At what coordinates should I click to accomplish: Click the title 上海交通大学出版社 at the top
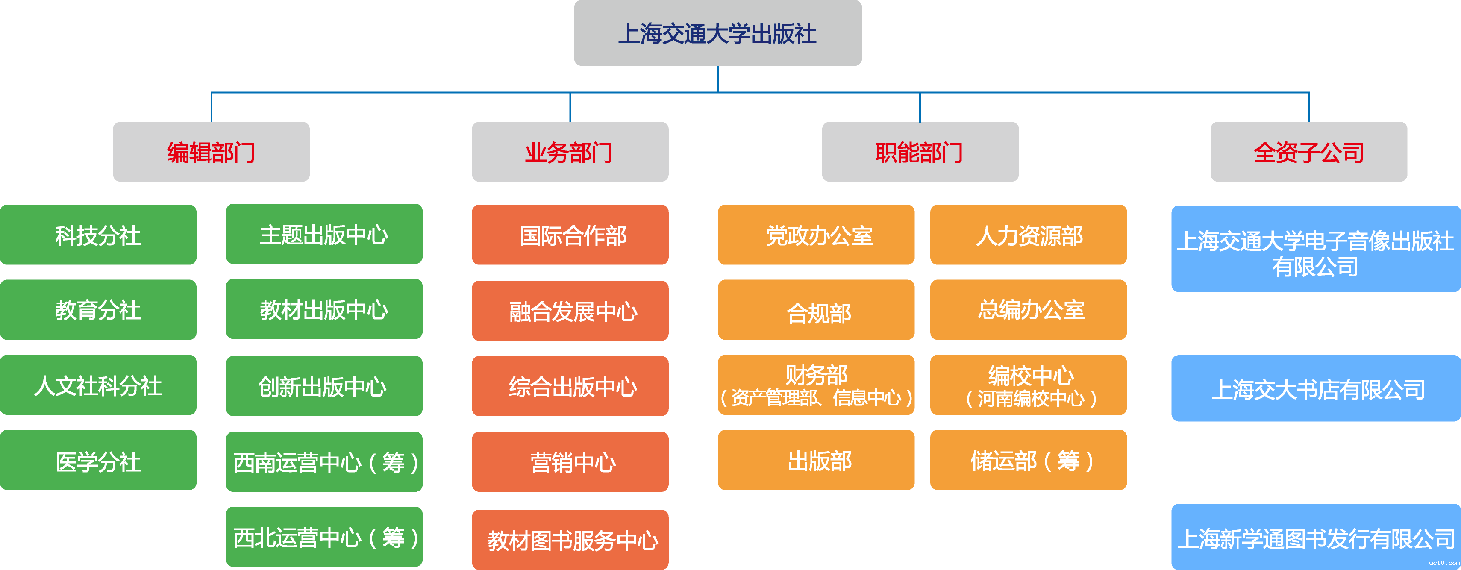717,34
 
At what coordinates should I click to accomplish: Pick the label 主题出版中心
324,235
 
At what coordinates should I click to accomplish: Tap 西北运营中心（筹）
326,538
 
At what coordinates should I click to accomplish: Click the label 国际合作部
573,236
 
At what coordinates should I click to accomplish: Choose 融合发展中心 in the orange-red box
573,312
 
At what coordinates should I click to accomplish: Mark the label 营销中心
573,463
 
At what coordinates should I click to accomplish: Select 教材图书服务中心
573,541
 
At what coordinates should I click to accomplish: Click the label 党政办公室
819,236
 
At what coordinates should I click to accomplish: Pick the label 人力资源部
1029,236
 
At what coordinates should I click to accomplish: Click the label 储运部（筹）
1032,461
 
